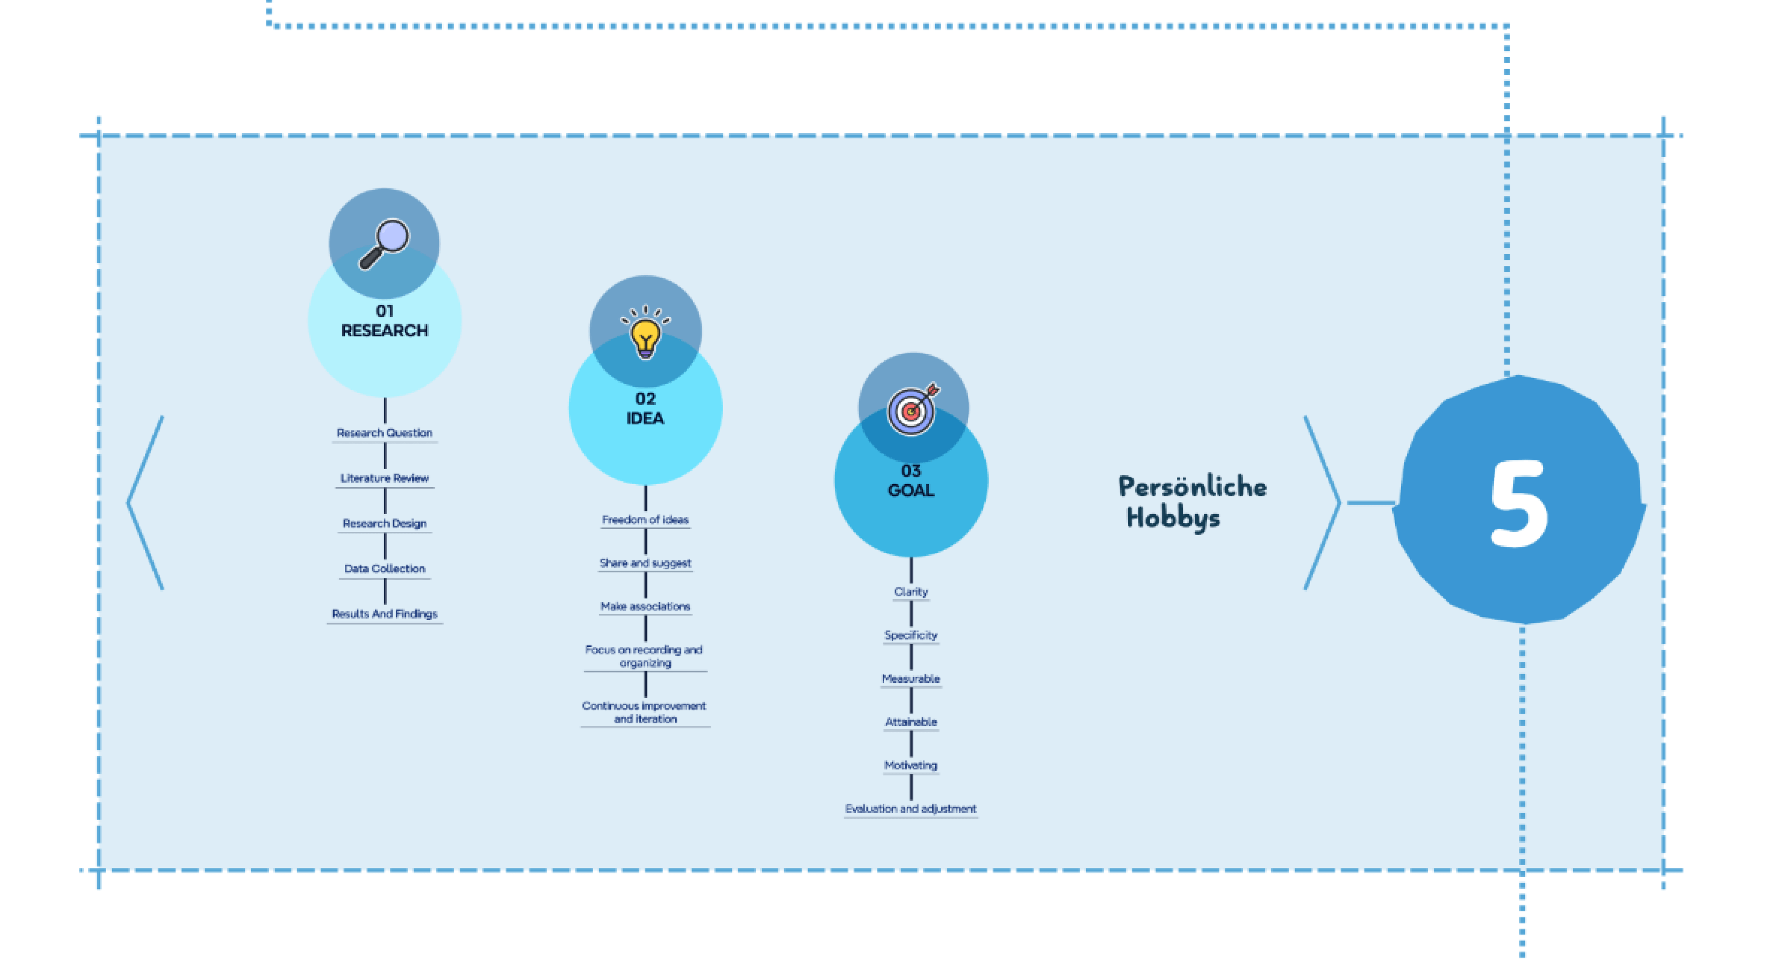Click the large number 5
pos(1519,503)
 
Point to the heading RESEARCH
pos(385,331)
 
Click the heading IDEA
pos(645,418)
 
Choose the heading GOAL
pos(911,490)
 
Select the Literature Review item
pos(385,478)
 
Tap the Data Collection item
pos(385,568)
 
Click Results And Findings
pos(385,614)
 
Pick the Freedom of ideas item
pos(645,519)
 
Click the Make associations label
pos(645,606)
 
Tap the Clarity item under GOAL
pos(911,592)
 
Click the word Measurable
pos(911,679)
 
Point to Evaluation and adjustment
pos(911,808)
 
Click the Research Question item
pos(385,432)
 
